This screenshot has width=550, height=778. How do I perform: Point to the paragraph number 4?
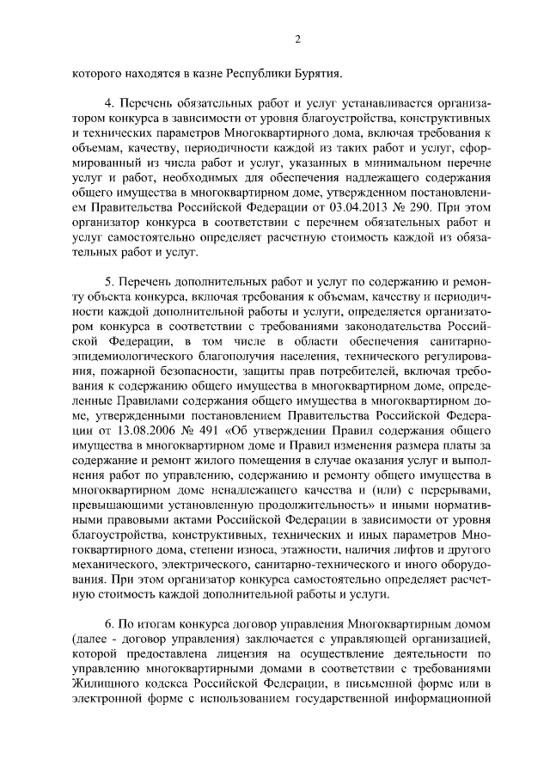[x=109, y=101]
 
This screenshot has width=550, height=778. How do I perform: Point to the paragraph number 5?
[x=109, y=280]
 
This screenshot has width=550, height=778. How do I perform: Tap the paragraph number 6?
[x=109, y=622]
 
